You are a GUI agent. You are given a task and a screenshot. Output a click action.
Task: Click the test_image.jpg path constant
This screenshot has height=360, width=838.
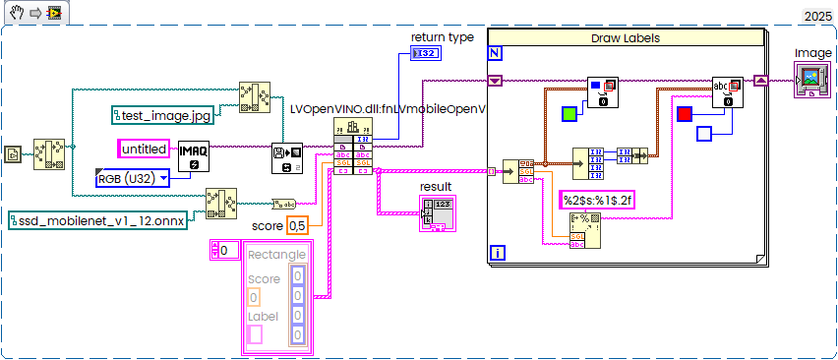[161, 116]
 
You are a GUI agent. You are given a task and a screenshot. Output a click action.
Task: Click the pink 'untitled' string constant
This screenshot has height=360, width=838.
[145, 149]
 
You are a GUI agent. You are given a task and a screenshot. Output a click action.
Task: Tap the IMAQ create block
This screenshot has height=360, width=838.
[194, 154]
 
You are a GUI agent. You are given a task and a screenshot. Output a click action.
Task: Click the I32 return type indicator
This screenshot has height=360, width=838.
[426, 52]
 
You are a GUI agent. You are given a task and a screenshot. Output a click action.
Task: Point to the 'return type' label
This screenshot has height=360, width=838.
[442, 36]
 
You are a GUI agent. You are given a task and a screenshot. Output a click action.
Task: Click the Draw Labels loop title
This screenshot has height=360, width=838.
[626, 37]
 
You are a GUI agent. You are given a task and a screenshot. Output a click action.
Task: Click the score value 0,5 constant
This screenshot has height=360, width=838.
[297, 226]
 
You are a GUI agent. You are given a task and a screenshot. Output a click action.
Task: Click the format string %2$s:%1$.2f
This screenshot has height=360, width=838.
[597, 199]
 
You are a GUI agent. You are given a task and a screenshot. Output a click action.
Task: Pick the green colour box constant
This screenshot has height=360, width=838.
[569, 114]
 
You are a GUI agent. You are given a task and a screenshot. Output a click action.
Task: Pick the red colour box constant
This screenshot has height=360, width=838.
[686, 114]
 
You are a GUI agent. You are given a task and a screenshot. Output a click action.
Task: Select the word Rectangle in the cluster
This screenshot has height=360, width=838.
[276, 255]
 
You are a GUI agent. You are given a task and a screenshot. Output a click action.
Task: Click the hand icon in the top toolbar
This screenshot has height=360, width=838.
[16, 12]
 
